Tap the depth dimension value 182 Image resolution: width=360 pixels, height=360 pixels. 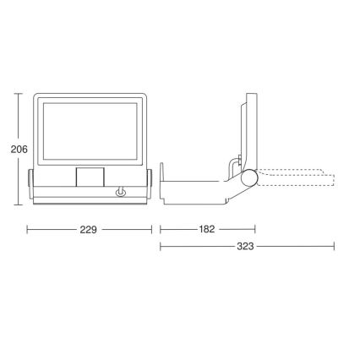(207, 229)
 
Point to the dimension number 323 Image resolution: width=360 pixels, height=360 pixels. (245, 248)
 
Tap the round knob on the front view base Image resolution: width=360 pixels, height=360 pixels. (121, 194)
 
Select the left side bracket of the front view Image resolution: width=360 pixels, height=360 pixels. (30, 184)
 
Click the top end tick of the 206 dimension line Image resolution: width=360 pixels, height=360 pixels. (19, 95)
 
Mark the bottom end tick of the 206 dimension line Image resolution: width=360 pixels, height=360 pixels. (19, 204)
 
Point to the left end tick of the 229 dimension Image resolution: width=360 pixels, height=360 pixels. (28, 229)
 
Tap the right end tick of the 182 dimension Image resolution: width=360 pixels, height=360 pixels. (255, 229)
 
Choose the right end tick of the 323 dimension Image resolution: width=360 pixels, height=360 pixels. (335, 248)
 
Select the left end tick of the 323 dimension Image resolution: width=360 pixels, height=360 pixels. (161, 248)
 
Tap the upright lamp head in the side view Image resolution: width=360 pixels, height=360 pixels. (246, 127)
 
